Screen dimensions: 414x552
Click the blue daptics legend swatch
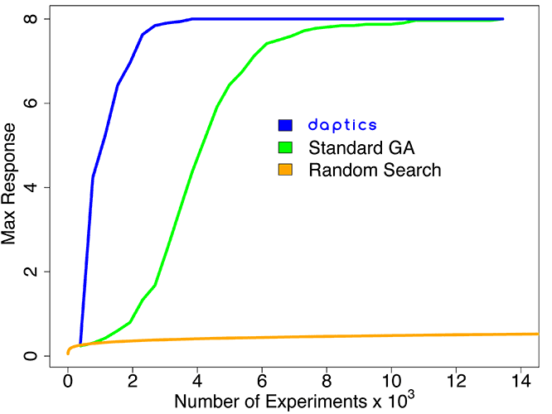[286, 125]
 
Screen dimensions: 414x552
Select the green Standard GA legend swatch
[286, 147]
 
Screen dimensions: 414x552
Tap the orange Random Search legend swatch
[286, 170]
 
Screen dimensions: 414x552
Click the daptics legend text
[342, 125]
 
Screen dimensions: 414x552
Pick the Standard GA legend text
[361, 148]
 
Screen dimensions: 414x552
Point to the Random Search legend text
[375, 171]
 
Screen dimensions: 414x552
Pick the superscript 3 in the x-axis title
[411, 394]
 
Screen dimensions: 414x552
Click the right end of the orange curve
[537, 334]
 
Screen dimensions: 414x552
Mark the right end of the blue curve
[502, 18]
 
